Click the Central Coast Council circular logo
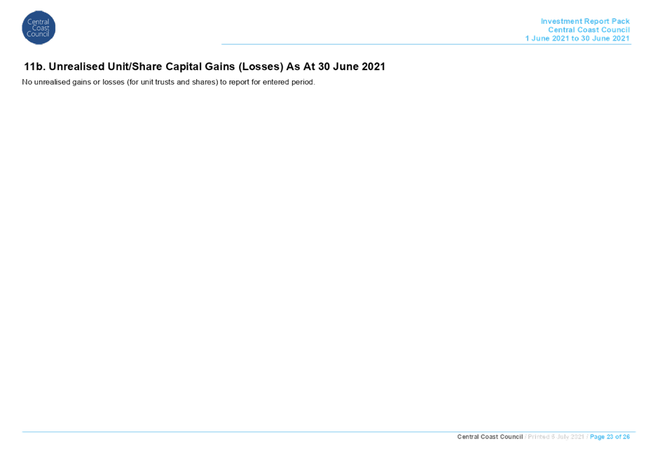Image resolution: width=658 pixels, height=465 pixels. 39,28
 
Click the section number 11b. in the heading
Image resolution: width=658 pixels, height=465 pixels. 35,67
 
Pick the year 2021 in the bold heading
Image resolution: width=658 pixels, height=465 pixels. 374,67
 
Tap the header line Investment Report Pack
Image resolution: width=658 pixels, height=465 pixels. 585,21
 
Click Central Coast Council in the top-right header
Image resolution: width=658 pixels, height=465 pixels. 589,30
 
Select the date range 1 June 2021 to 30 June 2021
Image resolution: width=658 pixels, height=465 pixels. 577,38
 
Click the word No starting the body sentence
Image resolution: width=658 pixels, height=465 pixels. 27,82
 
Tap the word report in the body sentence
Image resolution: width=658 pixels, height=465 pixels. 239,83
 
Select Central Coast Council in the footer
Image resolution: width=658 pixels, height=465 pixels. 490,437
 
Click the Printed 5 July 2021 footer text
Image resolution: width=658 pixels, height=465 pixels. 556,437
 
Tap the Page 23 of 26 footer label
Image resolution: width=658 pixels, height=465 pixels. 610,437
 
